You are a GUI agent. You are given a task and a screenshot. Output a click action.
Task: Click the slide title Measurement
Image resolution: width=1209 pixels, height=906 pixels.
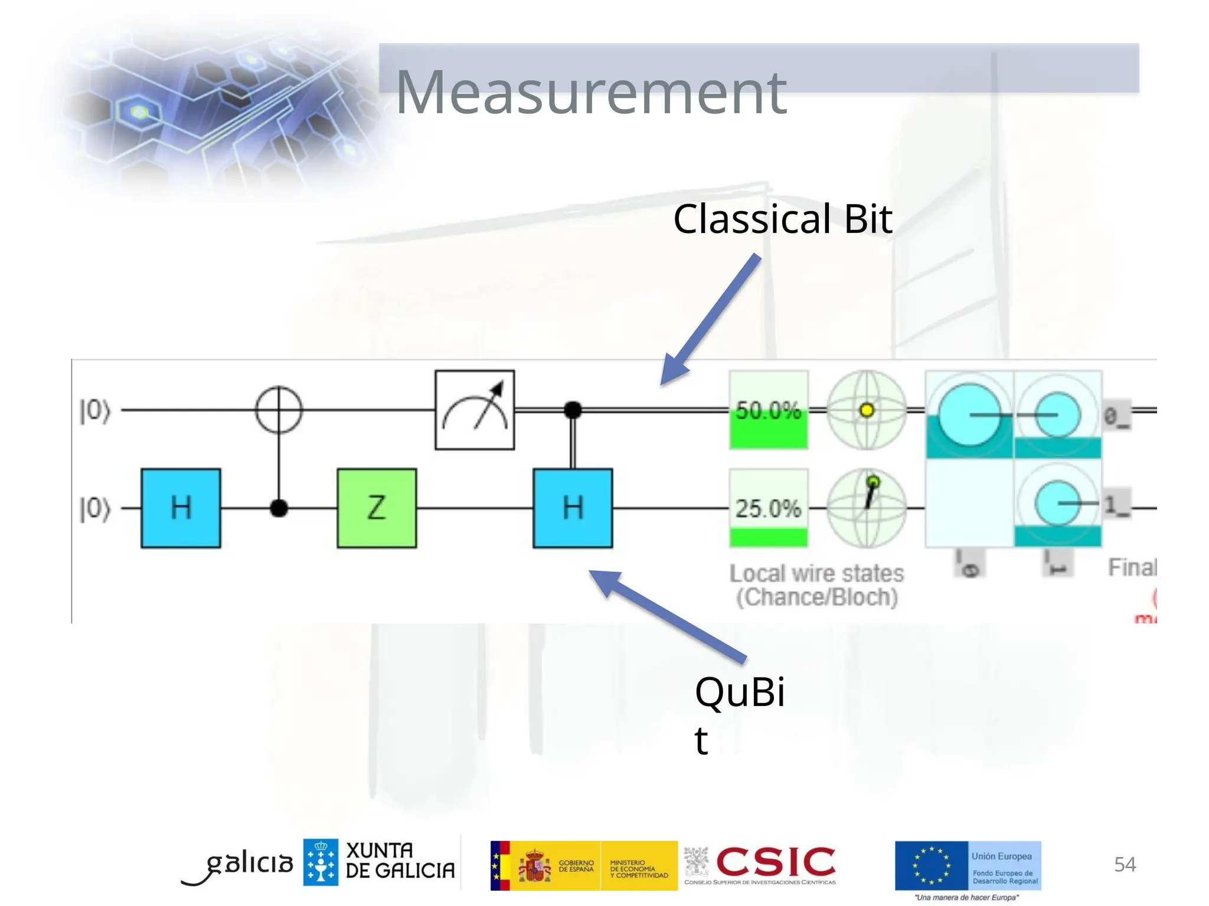(x=590, y=93)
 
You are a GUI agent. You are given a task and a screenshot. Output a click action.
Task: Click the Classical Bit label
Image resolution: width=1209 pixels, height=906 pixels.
(x=782, y=219)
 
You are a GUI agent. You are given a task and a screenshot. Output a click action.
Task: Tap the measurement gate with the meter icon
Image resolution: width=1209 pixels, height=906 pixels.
(x=475, y=410)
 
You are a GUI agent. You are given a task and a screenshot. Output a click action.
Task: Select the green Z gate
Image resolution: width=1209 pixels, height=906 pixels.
(x=377, y=508)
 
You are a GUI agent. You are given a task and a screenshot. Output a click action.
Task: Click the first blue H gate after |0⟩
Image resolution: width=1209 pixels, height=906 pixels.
(x=181, y=508)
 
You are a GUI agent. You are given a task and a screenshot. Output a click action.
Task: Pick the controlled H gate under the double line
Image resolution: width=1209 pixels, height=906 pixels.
(x=573, y=508)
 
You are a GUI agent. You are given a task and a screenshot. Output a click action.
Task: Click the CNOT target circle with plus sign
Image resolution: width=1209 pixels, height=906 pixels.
(x=279, y=409)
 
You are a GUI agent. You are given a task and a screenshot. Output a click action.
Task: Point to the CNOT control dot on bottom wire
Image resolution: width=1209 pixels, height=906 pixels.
(x=279, y=508)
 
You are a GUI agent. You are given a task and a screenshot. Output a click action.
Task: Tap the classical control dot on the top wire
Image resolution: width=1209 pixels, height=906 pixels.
(x=573, y=409)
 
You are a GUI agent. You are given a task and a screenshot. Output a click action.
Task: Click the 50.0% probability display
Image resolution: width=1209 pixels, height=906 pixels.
(x=768, y=410)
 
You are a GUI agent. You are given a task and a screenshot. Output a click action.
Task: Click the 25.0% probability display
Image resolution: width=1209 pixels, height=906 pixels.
(x=768, y=508)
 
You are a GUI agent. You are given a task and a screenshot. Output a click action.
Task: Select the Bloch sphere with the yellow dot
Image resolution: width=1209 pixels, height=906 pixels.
(x=866, y=410)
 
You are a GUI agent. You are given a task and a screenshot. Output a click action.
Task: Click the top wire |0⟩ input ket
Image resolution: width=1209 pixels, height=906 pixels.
(x=94, y=411)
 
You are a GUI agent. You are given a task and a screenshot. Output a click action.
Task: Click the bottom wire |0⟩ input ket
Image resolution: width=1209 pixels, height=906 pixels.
(x=94, y=508)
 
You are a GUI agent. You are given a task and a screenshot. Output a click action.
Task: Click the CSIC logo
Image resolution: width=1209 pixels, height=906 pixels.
(x=775, y=862)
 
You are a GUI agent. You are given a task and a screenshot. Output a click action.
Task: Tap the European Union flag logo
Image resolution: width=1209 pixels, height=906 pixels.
(x=931, y=865)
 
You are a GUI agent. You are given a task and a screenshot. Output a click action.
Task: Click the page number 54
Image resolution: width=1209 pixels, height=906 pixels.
(x=1124, y=864)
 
